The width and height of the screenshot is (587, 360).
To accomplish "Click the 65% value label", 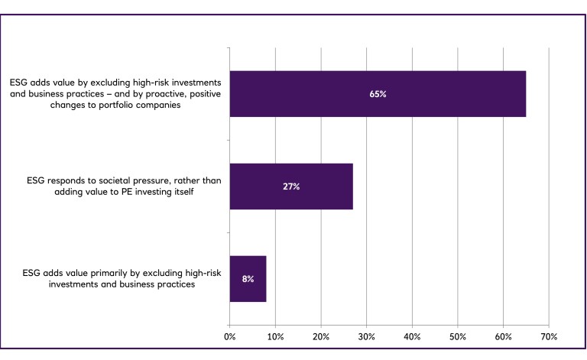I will click(378, 94).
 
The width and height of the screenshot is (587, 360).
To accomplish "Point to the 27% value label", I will click(291, 186).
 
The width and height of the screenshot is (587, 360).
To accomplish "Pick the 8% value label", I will click(248, 279).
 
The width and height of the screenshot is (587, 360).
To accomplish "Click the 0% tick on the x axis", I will click(229, 336).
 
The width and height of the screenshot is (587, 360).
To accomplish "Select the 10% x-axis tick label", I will click(275, 336).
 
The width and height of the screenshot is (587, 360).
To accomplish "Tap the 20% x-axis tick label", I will click(321, 336).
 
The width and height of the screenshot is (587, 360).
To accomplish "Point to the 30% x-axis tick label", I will click(366, 336).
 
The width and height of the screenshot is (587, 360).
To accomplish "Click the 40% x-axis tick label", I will click(412, 336).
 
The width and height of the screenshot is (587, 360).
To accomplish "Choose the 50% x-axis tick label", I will click(458, 336).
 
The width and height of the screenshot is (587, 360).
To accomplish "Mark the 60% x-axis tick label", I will click(503, 336).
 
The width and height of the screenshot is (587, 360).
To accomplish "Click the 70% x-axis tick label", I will click(549, 336).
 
